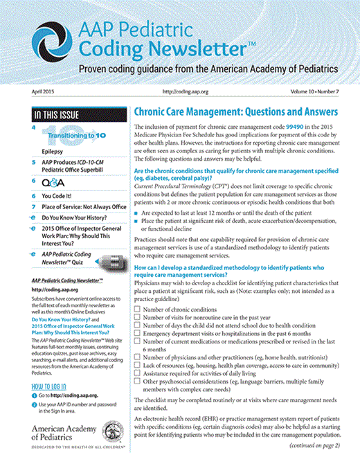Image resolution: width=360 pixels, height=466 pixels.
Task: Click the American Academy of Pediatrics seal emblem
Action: point(109,435)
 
